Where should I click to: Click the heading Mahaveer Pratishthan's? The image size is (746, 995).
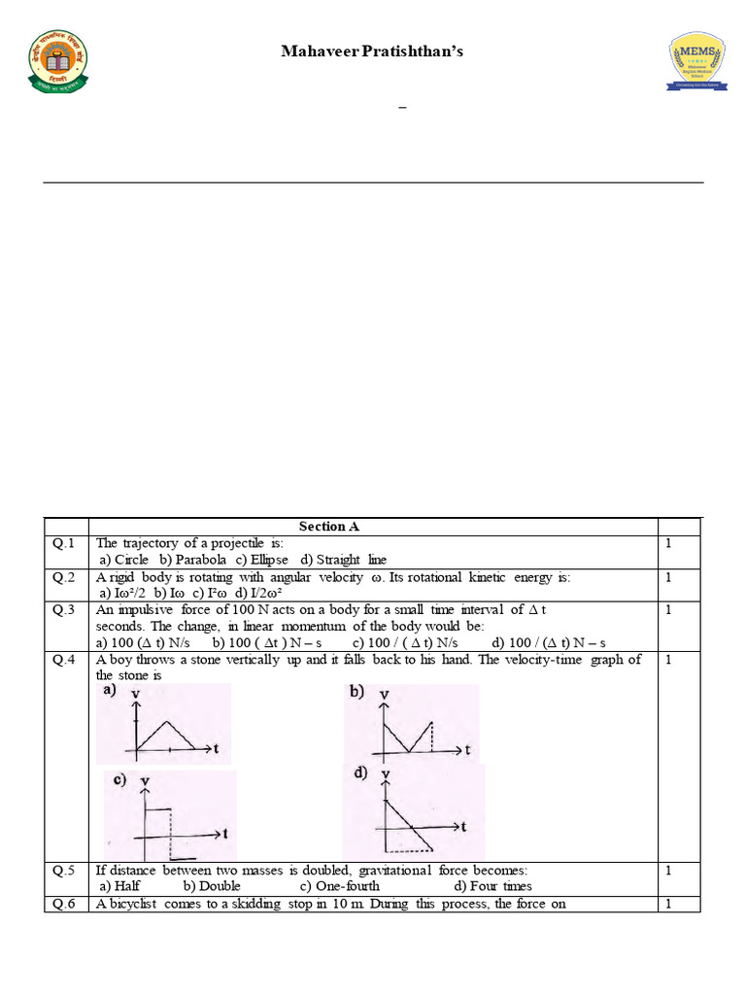[372, 51]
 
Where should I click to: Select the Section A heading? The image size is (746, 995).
[329, 527]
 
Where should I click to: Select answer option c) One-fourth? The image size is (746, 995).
[339, 886]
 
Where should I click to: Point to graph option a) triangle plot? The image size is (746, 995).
[164, 724]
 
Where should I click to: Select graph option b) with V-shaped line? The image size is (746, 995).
[411, 724]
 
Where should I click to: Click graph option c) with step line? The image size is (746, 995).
[170, 814]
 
